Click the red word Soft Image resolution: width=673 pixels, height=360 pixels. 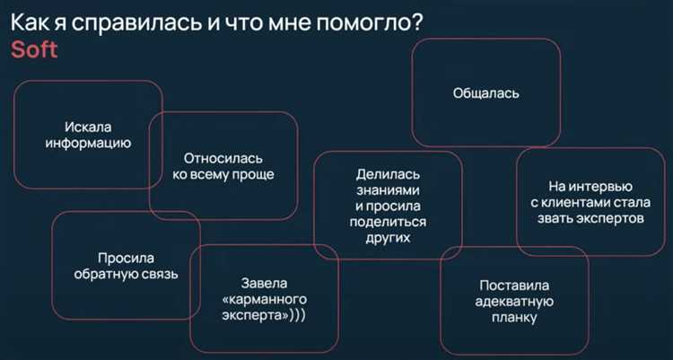click(x=34, y=49)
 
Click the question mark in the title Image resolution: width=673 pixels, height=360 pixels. click(x=418, y=22)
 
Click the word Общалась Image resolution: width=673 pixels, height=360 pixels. click(x=485, y=92)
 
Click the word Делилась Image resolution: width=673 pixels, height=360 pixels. click(x=388, y=174)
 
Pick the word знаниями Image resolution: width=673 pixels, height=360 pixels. click(x=388, y=190)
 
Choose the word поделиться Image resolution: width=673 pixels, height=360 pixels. click(x=388, y=223)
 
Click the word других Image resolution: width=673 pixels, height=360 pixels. click(x=388, y=239)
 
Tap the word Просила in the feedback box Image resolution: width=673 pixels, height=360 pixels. click(x=126, y=256)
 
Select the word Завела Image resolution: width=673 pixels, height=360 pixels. click(x=264, y=282)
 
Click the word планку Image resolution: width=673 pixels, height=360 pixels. click(x=514, y=318)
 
